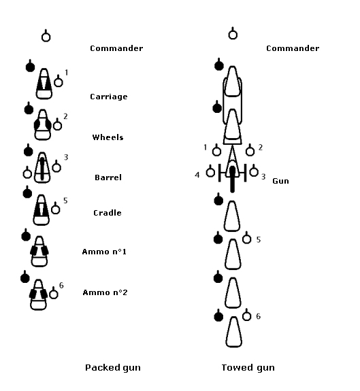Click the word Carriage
point(108,97)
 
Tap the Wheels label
point(108,137)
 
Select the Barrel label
point(108,177)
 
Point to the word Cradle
point(108,213)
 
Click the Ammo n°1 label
point(104,252)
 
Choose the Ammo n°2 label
point(105,292)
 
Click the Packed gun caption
point(113,368)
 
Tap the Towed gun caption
point(248,368)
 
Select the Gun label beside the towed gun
point(280,181)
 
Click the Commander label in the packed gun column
point(116,48)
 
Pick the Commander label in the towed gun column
point(293,48)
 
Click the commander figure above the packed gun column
point(46,35)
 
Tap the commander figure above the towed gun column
point(233,33)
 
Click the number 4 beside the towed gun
point(197,175)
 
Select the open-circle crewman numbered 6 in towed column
point(247,315)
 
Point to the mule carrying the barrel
point(42,167)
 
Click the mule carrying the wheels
point(43,124)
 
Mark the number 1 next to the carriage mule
point(67,72)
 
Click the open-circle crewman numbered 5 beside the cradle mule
point(55,207)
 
